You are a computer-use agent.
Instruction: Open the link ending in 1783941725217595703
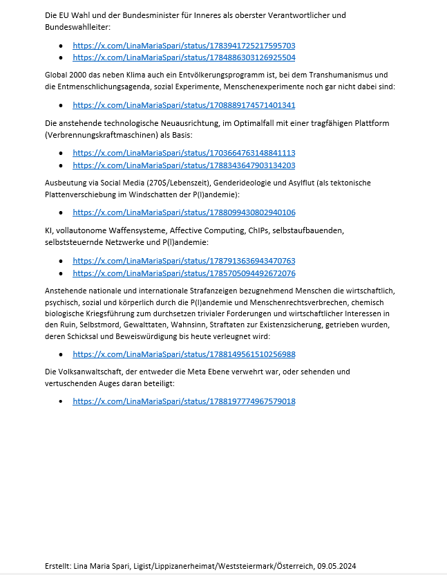184,45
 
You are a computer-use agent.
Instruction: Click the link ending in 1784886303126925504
184,58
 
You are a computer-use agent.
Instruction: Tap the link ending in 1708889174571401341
184,105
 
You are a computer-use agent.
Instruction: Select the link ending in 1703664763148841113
184,152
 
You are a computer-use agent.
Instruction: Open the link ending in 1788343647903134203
184,165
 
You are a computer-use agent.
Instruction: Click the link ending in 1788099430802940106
184,212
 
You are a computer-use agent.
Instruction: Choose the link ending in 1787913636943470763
184,260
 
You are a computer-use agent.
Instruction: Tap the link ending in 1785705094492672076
184,273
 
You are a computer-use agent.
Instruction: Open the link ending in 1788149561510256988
184,354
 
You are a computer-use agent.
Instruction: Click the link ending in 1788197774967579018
184,401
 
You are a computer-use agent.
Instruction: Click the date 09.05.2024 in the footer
336,565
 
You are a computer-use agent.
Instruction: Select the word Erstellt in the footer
58,565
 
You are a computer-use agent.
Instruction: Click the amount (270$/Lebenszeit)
175,182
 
